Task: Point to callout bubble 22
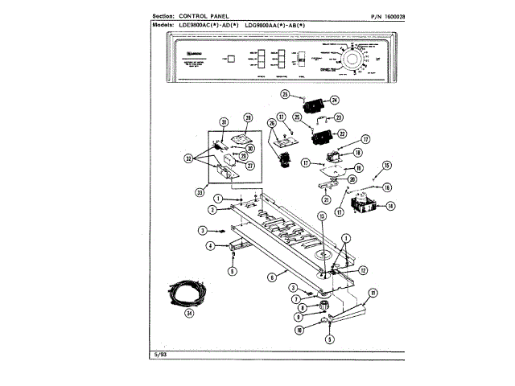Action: [341, 133]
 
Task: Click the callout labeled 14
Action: [391, 206]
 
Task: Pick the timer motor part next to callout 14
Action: [366, 201]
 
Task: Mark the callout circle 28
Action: [248, 118]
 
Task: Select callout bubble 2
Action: [212, 209]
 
